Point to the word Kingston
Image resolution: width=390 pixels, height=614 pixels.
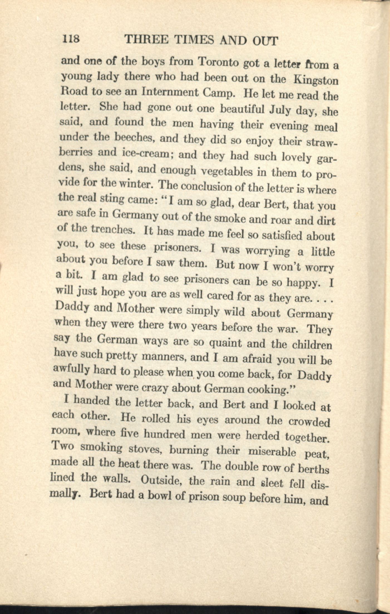click(316, 80)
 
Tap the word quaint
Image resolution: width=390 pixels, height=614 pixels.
click(225, 344)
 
